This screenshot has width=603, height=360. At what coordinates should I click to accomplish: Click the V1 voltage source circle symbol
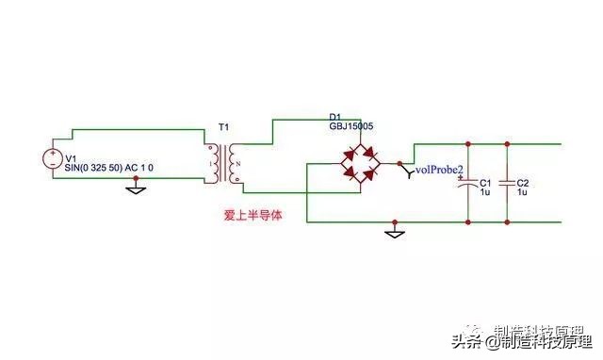[x=53, y=158]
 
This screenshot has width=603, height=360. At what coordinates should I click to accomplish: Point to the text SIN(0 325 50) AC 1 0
[x=114, y=168]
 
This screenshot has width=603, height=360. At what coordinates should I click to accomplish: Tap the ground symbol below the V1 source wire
[x=136, y=188]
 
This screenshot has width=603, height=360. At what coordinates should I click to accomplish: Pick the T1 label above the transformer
[x=222, y=125]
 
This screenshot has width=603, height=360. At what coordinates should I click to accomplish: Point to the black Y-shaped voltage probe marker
[x=406, y=170]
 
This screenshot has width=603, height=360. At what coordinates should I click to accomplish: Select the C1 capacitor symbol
[x=468, y=185]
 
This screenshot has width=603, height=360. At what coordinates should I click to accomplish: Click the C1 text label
[x=485, y=182]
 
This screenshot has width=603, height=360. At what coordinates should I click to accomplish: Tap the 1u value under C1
[x=484, y=192]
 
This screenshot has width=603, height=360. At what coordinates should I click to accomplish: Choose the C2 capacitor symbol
[x=507, y=185]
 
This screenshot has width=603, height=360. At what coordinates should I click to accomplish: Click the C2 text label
[x=524, y=182]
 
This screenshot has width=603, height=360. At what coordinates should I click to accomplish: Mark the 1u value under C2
[x=523, y=192]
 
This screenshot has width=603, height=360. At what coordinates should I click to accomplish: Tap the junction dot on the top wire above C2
[x=507, y=143]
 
